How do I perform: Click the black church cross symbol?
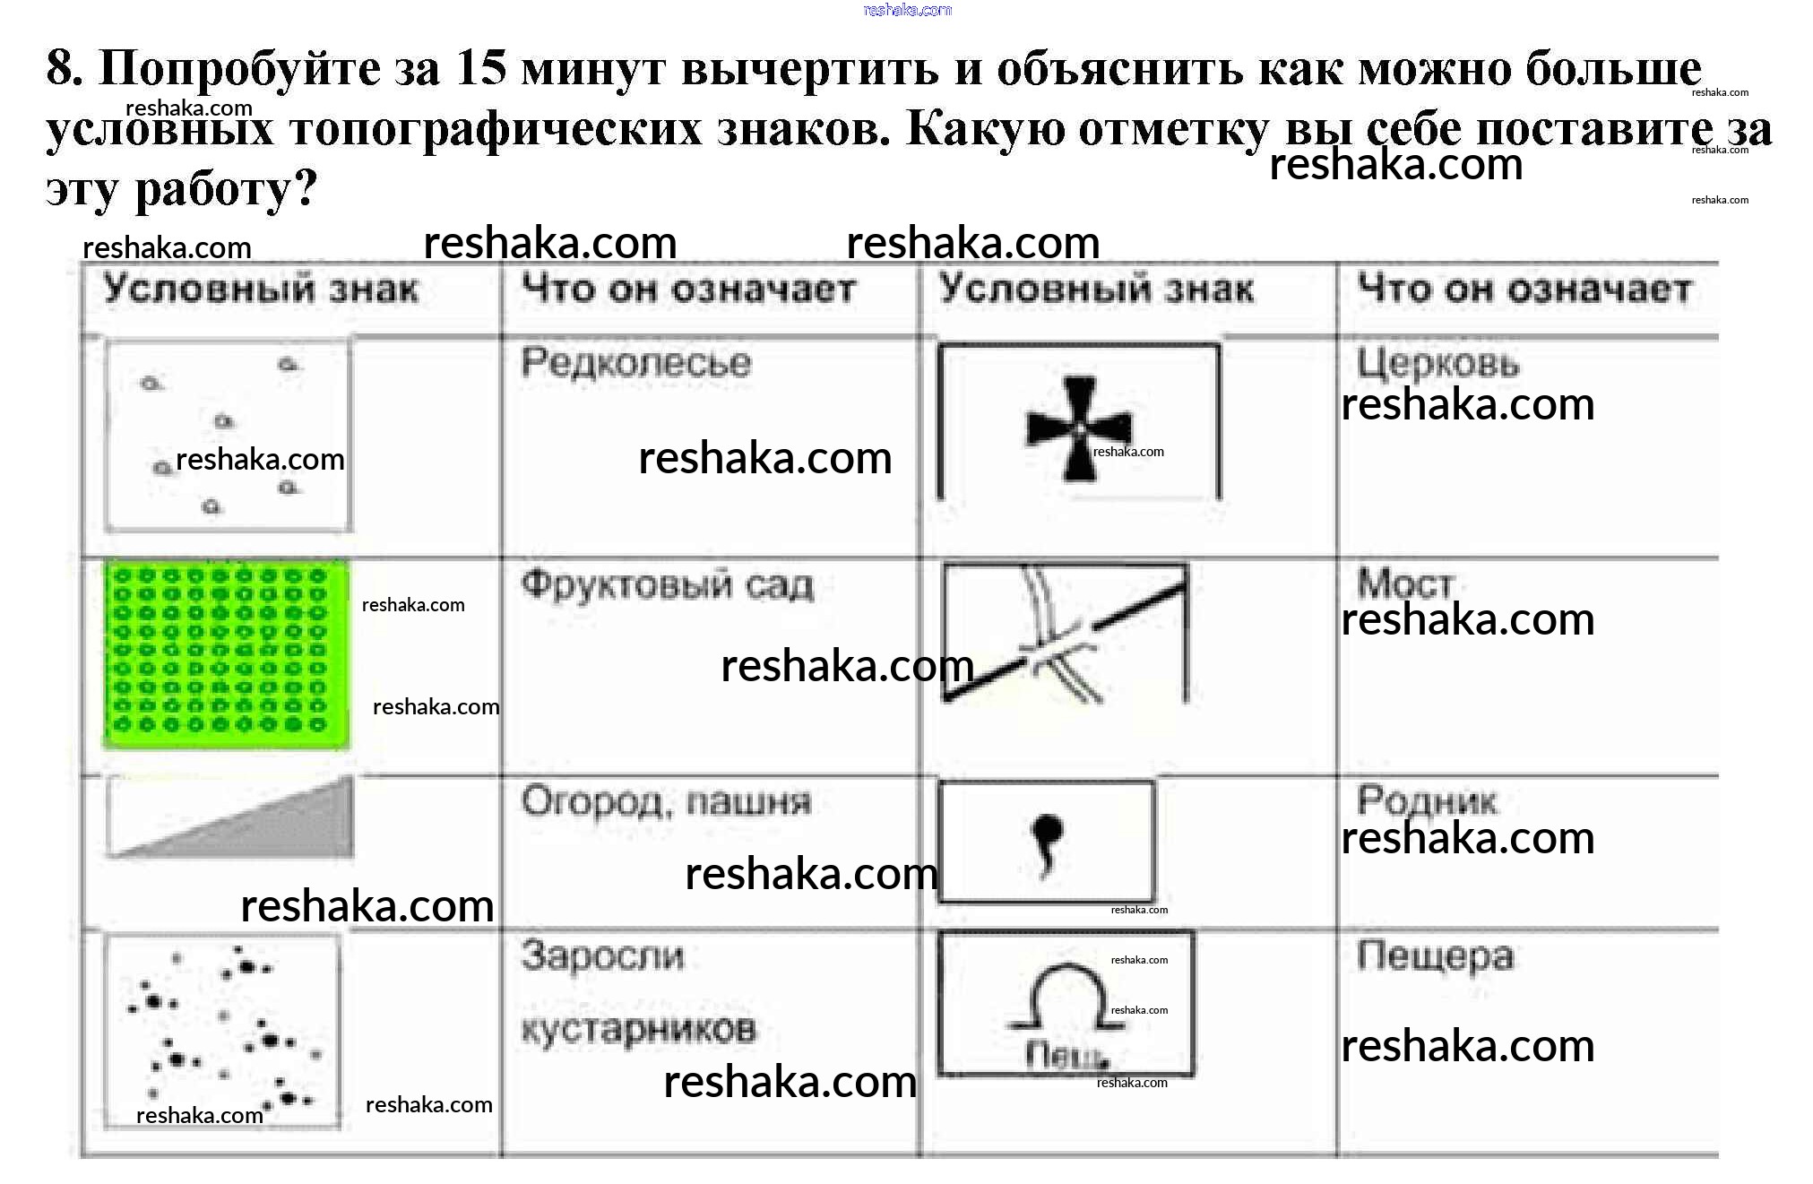[1079, 428]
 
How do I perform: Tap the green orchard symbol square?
[227, 654]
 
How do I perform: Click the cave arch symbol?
[1065, 997]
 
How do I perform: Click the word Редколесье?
[636, 363]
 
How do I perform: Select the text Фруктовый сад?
[668, 586]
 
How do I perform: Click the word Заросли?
[602, 956]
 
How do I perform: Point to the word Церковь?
[1438, 364]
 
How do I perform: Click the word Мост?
[1404, 583]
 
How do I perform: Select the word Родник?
[1426, 800]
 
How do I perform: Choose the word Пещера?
[1435, 956]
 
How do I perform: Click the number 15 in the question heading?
[480, 67]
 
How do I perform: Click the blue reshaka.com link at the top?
[907, 10]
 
